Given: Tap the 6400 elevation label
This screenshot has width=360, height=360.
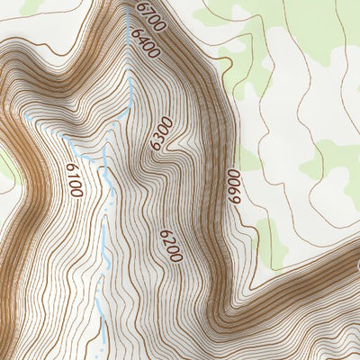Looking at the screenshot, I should pyautogui.click(x=144, y=43).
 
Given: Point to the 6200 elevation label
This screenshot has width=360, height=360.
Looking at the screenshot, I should pyautogui.click(x=171, y=245).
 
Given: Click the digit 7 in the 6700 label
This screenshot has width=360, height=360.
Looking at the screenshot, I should pyautogui.click(x=143, y=11).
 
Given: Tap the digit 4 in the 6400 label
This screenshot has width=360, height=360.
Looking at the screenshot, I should pyautogui.click(x=141, y=39).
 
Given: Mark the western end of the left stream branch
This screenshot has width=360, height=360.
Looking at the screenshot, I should pyautogui.click(x=27, y=117).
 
